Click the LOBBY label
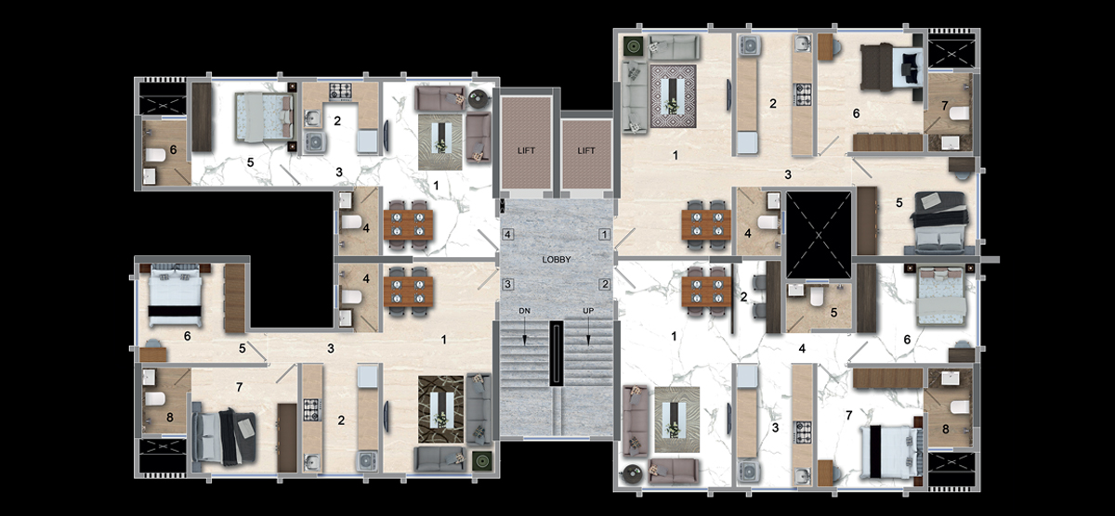[556, 260]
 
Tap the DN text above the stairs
[525, 311]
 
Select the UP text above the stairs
[588, 311]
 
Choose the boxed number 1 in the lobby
[604, 234]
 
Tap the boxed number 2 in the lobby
[604, 284]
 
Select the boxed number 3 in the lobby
[507, 284]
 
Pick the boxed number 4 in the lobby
[507, 234]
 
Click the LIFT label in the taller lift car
[526, 150]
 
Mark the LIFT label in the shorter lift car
[586, 150]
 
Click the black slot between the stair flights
[557, 354]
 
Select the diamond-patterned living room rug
[673, 96]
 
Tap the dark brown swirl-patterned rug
[441, 409]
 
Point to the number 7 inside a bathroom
[944, 106]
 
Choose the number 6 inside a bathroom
[173, 149]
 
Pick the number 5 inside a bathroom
[833, 313]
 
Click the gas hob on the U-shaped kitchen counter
[340, 91]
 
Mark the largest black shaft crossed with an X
[819, 235]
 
